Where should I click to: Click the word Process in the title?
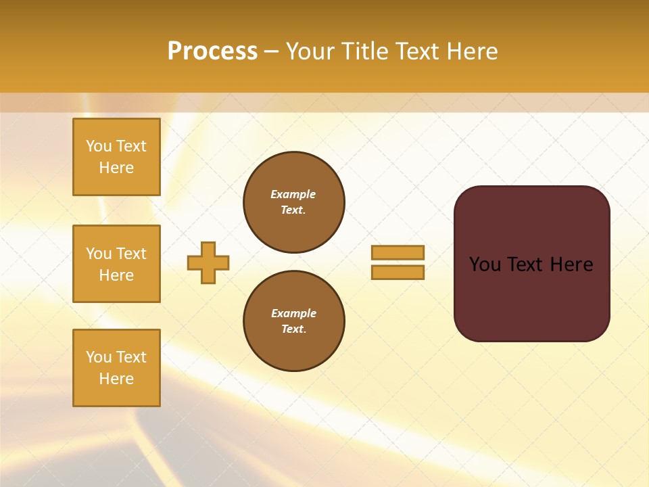click(x=212, y=51)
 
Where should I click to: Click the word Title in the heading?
click(x=363, y=51)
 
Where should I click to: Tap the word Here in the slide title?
click(x=471, y=51)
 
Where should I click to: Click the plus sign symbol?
click(x=208, y=262)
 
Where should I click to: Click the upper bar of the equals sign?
click(x=398, y=252)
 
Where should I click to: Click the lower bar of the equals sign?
click(x=398, y=272)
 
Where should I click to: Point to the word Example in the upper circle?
click(x=293, y=194)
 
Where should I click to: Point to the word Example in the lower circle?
click(x=293, y=313)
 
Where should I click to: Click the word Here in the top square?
click(x=116, y=168)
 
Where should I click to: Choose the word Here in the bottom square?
click(x=116, y=379)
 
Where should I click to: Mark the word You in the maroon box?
click(x=485, y=264)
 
